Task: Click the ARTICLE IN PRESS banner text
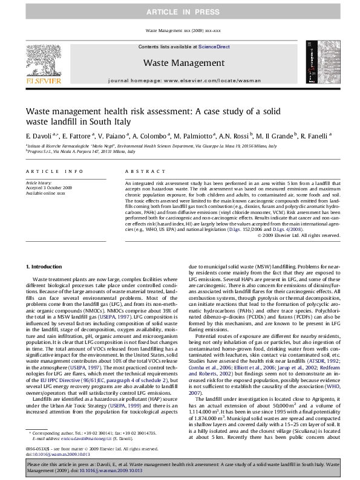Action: (x=180, y=12)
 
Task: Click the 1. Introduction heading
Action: (x=45, y=267)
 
